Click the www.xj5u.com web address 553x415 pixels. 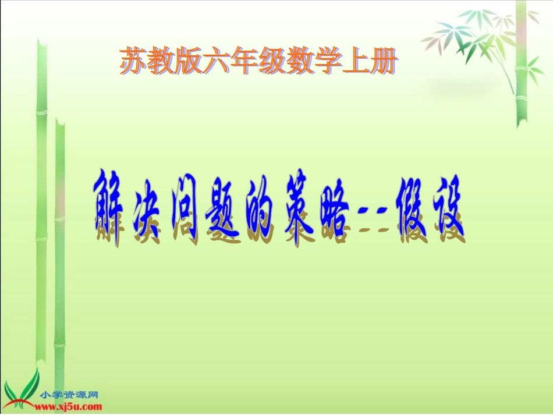pyautogui.click(x=72, y=406)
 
